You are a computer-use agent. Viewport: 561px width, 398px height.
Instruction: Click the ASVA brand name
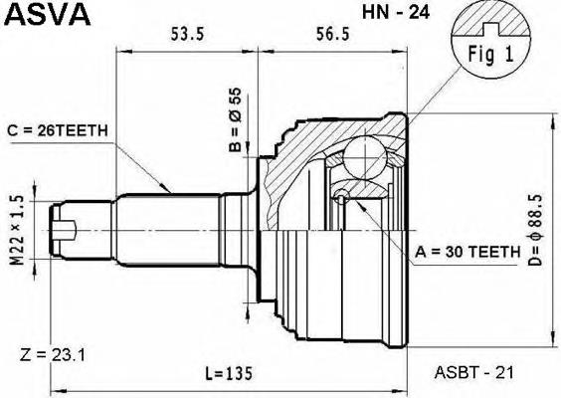pyautogui.click(x=47, y=14)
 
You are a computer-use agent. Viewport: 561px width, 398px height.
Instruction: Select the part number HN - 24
pyautogui.click(x=395, y=12)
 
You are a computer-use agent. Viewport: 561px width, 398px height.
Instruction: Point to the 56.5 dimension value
pyautogui.click(x=332, y=35)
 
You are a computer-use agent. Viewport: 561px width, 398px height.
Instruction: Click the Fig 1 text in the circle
pyautogui.click(x=491, y=54)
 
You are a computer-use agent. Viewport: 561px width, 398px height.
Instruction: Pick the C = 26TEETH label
pyautogui.click(x=58, y=131)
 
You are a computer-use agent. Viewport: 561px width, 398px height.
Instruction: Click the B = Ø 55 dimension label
pyautogui.click(x=236, y=119)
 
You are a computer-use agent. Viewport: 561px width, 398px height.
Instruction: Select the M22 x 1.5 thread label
pyautogui.click(x=17, y=230)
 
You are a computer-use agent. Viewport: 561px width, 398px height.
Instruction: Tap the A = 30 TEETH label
pyautogui.click(x=467, y=253)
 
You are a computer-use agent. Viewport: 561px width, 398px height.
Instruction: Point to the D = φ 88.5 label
pyautogui.click(x=535, y=230)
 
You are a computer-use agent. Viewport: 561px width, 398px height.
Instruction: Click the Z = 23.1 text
pyautogui.click(x=53, y=355)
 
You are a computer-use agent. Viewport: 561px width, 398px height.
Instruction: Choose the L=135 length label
pyautogui.click(x=229, y=373)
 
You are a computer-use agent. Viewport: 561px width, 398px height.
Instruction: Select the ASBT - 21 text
pyautogui.click(x=473, y=372)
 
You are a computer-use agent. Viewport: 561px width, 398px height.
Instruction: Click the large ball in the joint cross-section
pyautogui.click(x=365, y=157)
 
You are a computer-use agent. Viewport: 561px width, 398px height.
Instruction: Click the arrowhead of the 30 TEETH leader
pyautogui.click(x=358, y=205)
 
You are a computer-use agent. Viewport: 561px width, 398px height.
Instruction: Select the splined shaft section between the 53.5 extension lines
pyautogui.click(x=168, y=230)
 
